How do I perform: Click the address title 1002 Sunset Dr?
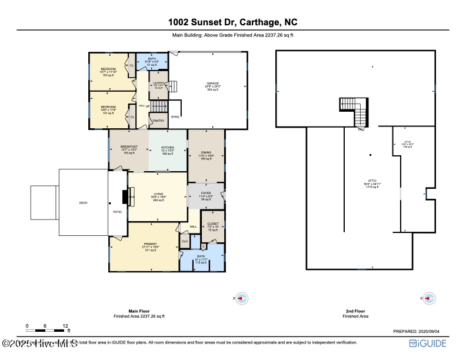[232, 22]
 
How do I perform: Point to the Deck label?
[83, 203]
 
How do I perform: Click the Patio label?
[118, 212]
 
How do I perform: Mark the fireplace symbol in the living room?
[125, 196]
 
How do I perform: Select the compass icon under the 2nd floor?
[429, 298]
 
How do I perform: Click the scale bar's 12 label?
[66, 326]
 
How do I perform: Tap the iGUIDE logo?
[428, 344]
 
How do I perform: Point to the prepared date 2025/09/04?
[419, 332]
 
